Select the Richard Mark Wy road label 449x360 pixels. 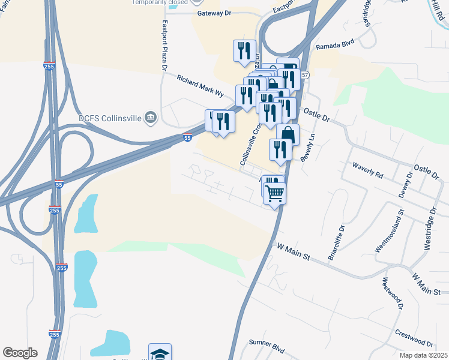coord(199,86)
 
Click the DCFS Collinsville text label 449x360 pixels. coord(109,118)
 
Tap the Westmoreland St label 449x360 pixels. coord(397,230)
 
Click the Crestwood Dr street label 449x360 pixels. coord(414,338)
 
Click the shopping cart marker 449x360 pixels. coord(275,193)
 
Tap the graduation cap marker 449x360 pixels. coord(160,353)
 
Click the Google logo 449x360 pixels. coord(20,353)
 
